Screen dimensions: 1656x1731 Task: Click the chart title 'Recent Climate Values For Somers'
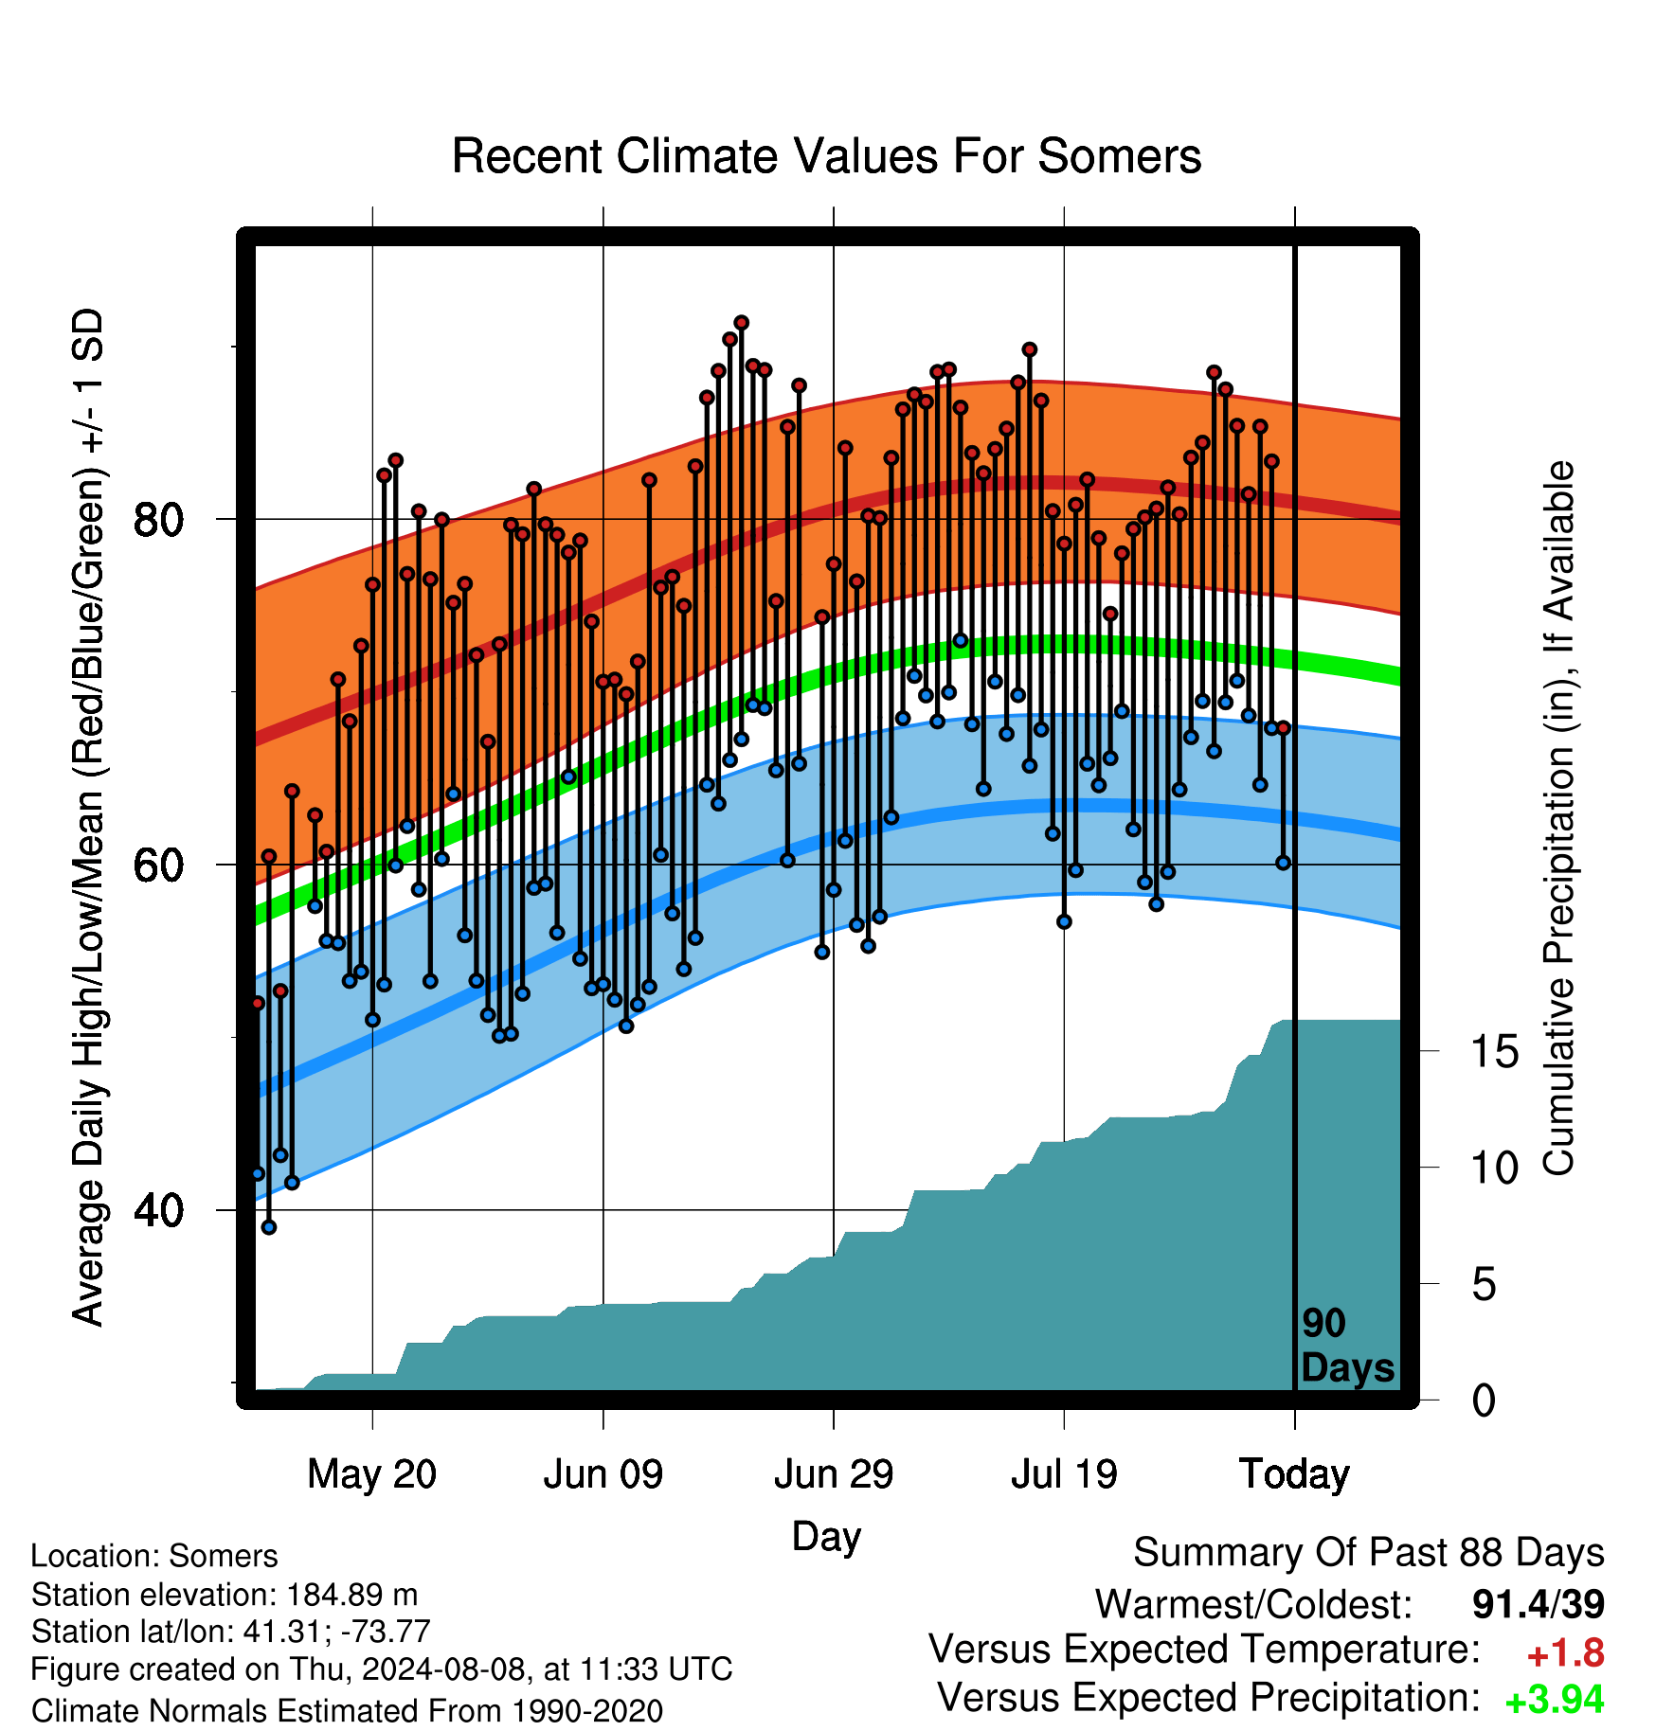tap(826, 156)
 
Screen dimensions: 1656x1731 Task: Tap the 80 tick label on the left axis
tap(159, 520)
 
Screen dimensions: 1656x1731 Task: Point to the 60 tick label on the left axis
tap(159, 865)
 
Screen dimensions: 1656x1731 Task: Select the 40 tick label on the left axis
tap(159, 1211)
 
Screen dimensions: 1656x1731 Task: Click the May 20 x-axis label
tap(372, 1474)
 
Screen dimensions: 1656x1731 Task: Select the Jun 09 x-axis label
tap(603, 1474)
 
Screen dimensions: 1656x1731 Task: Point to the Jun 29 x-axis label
tap(834, 1474)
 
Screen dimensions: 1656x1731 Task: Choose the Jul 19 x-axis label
tap(1064, 1474)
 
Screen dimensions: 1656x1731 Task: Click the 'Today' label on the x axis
tap(1294, 1474)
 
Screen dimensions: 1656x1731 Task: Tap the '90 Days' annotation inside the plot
tap(1346, 1346)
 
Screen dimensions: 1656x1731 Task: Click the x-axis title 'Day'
tap(826, 1536)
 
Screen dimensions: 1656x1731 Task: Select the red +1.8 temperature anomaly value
tap(1565, 1653)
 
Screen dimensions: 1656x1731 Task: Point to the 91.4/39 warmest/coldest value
tap(1539, 1604)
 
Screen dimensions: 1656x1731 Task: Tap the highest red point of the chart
tap(742, 323)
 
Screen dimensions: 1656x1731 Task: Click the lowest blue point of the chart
tap(269, 1227)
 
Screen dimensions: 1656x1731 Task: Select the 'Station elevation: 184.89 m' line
tap(225, 1595)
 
